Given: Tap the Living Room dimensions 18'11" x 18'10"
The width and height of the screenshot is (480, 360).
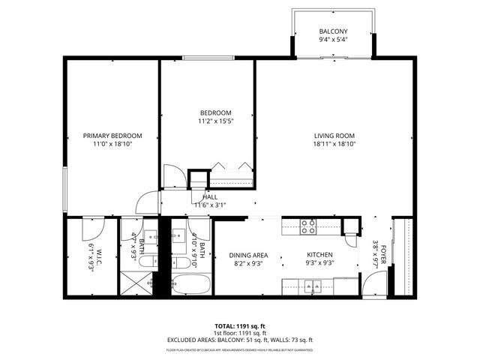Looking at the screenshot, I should pos(334,144).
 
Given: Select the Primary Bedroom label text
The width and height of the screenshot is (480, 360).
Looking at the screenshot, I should pos(112,136).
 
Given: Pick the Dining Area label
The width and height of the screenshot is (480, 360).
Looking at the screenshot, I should pos(248,255).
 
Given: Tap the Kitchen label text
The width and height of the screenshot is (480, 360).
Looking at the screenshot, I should pos(319,255).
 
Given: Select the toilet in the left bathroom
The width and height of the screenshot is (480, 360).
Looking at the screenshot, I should pos(148,261).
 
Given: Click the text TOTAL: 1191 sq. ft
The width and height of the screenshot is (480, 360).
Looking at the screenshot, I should pos(240,325).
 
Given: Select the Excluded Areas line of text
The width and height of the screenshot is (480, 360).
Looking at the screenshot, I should pos(240,339).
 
